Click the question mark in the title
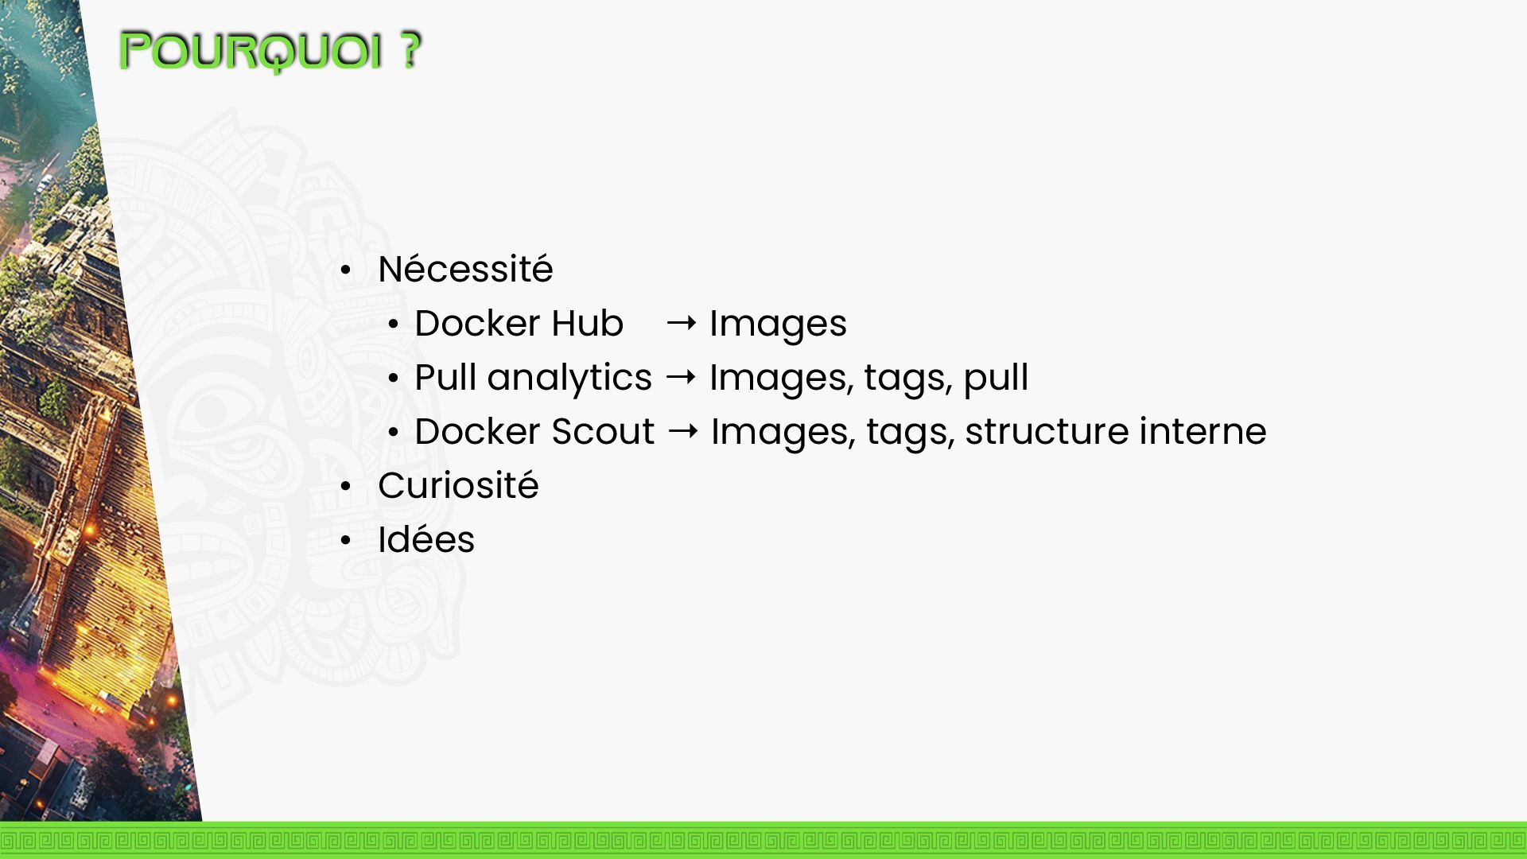click(x=410, y=51)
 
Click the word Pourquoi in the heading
click(x=251, y=52)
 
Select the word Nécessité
click(x=465, y=270)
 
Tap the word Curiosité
click(x=458, y=486)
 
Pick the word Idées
click(x=426, y=540)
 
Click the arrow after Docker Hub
click(x=682, y=323)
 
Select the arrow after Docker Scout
click(x=683, y=431)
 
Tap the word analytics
click(x=569, y=378)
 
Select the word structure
click(x=1047, y=432)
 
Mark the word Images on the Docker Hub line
click(x=778, y=325)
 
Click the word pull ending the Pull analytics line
click(x=996, y=379)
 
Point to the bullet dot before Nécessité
click(x=345, y=270)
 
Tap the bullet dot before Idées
click(x=345, y=541)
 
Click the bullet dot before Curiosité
click(x=345, y=487)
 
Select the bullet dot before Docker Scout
click(x=393, y=433)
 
